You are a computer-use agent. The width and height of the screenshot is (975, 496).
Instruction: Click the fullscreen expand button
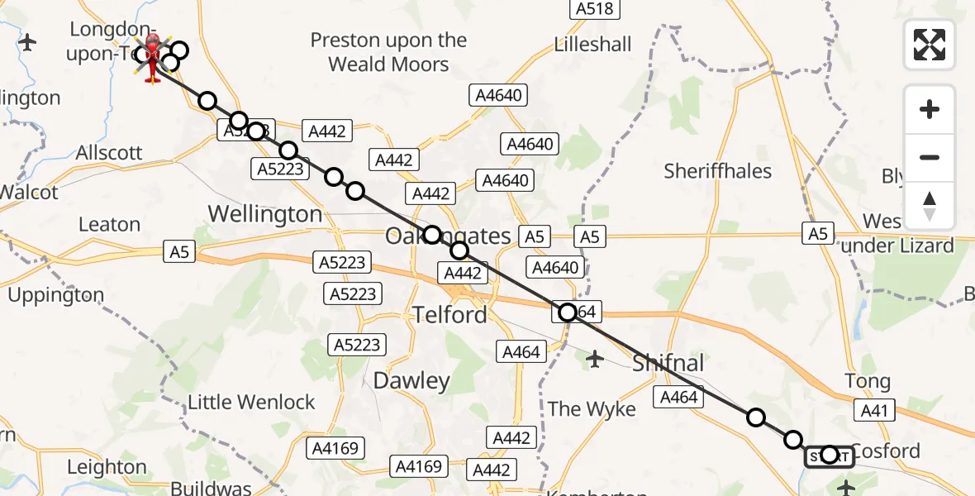(x=930, y=44)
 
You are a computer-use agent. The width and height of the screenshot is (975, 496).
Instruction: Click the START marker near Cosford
(x=829, y=455)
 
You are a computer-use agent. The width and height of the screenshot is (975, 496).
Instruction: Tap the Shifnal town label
(x=668, y=362)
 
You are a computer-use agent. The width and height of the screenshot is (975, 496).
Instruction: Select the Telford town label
(x=449, y=314)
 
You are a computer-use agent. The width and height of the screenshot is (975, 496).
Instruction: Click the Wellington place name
(x=264, y=214)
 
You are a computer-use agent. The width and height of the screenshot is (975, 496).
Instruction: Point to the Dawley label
(x=411, y=380)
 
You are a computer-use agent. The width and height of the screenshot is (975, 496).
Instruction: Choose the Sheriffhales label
(x=717, y=171)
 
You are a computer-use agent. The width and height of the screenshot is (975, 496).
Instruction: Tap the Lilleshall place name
(x=593, y=44)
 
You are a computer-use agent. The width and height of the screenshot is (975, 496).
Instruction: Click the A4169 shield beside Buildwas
(x=335, y=449)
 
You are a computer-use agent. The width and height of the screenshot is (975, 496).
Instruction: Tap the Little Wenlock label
(x=251, y=403)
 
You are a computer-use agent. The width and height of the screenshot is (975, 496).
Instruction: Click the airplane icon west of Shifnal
(x=595, y=359)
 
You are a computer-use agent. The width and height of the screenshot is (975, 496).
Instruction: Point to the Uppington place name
(x=56, y=294)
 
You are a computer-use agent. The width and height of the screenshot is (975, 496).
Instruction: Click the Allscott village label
(x=108, y=153)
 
